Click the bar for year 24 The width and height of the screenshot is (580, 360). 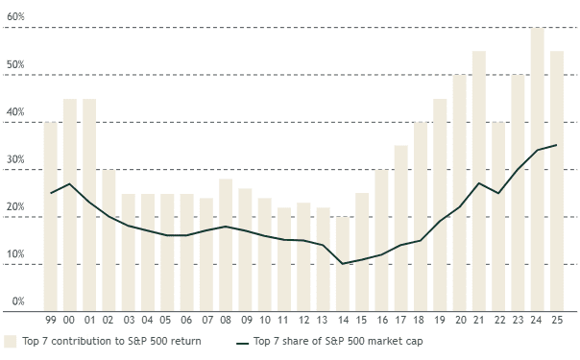point(538,169)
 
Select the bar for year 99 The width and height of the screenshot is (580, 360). point(51,216)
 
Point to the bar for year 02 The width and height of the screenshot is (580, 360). point(109,240)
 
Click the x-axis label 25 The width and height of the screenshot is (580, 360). point(557,320)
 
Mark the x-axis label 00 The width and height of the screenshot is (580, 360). point(70,320)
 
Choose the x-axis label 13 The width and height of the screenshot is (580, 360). point(324,320)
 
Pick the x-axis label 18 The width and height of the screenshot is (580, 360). point(421,320)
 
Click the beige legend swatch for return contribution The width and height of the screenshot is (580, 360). point(11,341)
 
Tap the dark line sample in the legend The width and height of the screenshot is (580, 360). point(243,341)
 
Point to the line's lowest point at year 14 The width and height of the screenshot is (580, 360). point(343,263)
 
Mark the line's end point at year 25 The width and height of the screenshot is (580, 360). point(557,145)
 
